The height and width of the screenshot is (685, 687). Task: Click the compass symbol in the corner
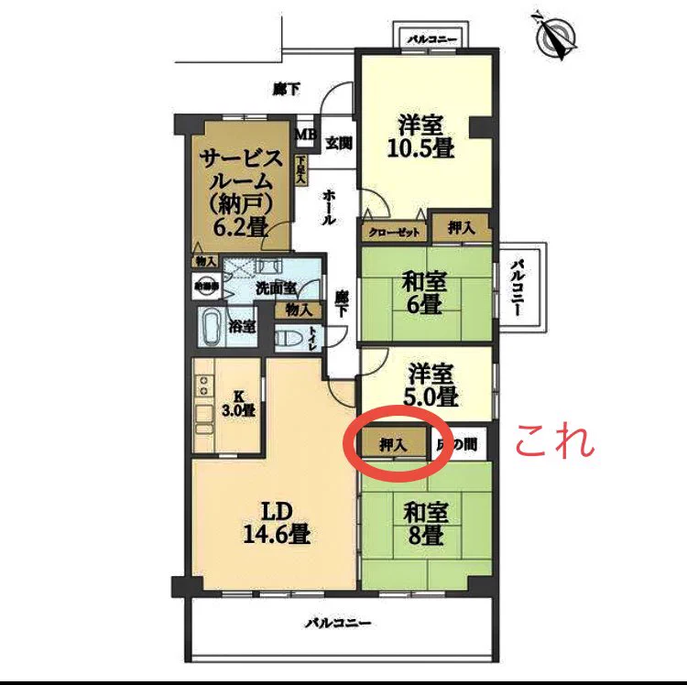point(553,37)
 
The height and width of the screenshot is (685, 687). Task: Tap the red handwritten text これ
point(555,442)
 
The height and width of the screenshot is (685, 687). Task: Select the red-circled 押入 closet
point(394,444)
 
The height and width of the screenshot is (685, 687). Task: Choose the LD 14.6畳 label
point(268,523)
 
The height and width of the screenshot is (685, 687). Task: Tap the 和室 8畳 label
point(424,523)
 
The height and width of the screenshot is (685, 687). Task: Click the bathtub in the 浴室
point(211,326)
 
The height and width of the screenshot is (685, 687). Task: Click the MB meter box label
point(304,136)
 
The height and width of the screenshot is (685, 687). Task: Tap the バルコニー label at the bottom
point(338,623)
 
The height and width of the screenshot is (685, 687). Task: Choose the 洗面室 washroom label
point(276,287)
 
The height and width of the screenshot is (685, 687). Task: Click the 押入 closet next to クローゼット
point(461,228)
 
